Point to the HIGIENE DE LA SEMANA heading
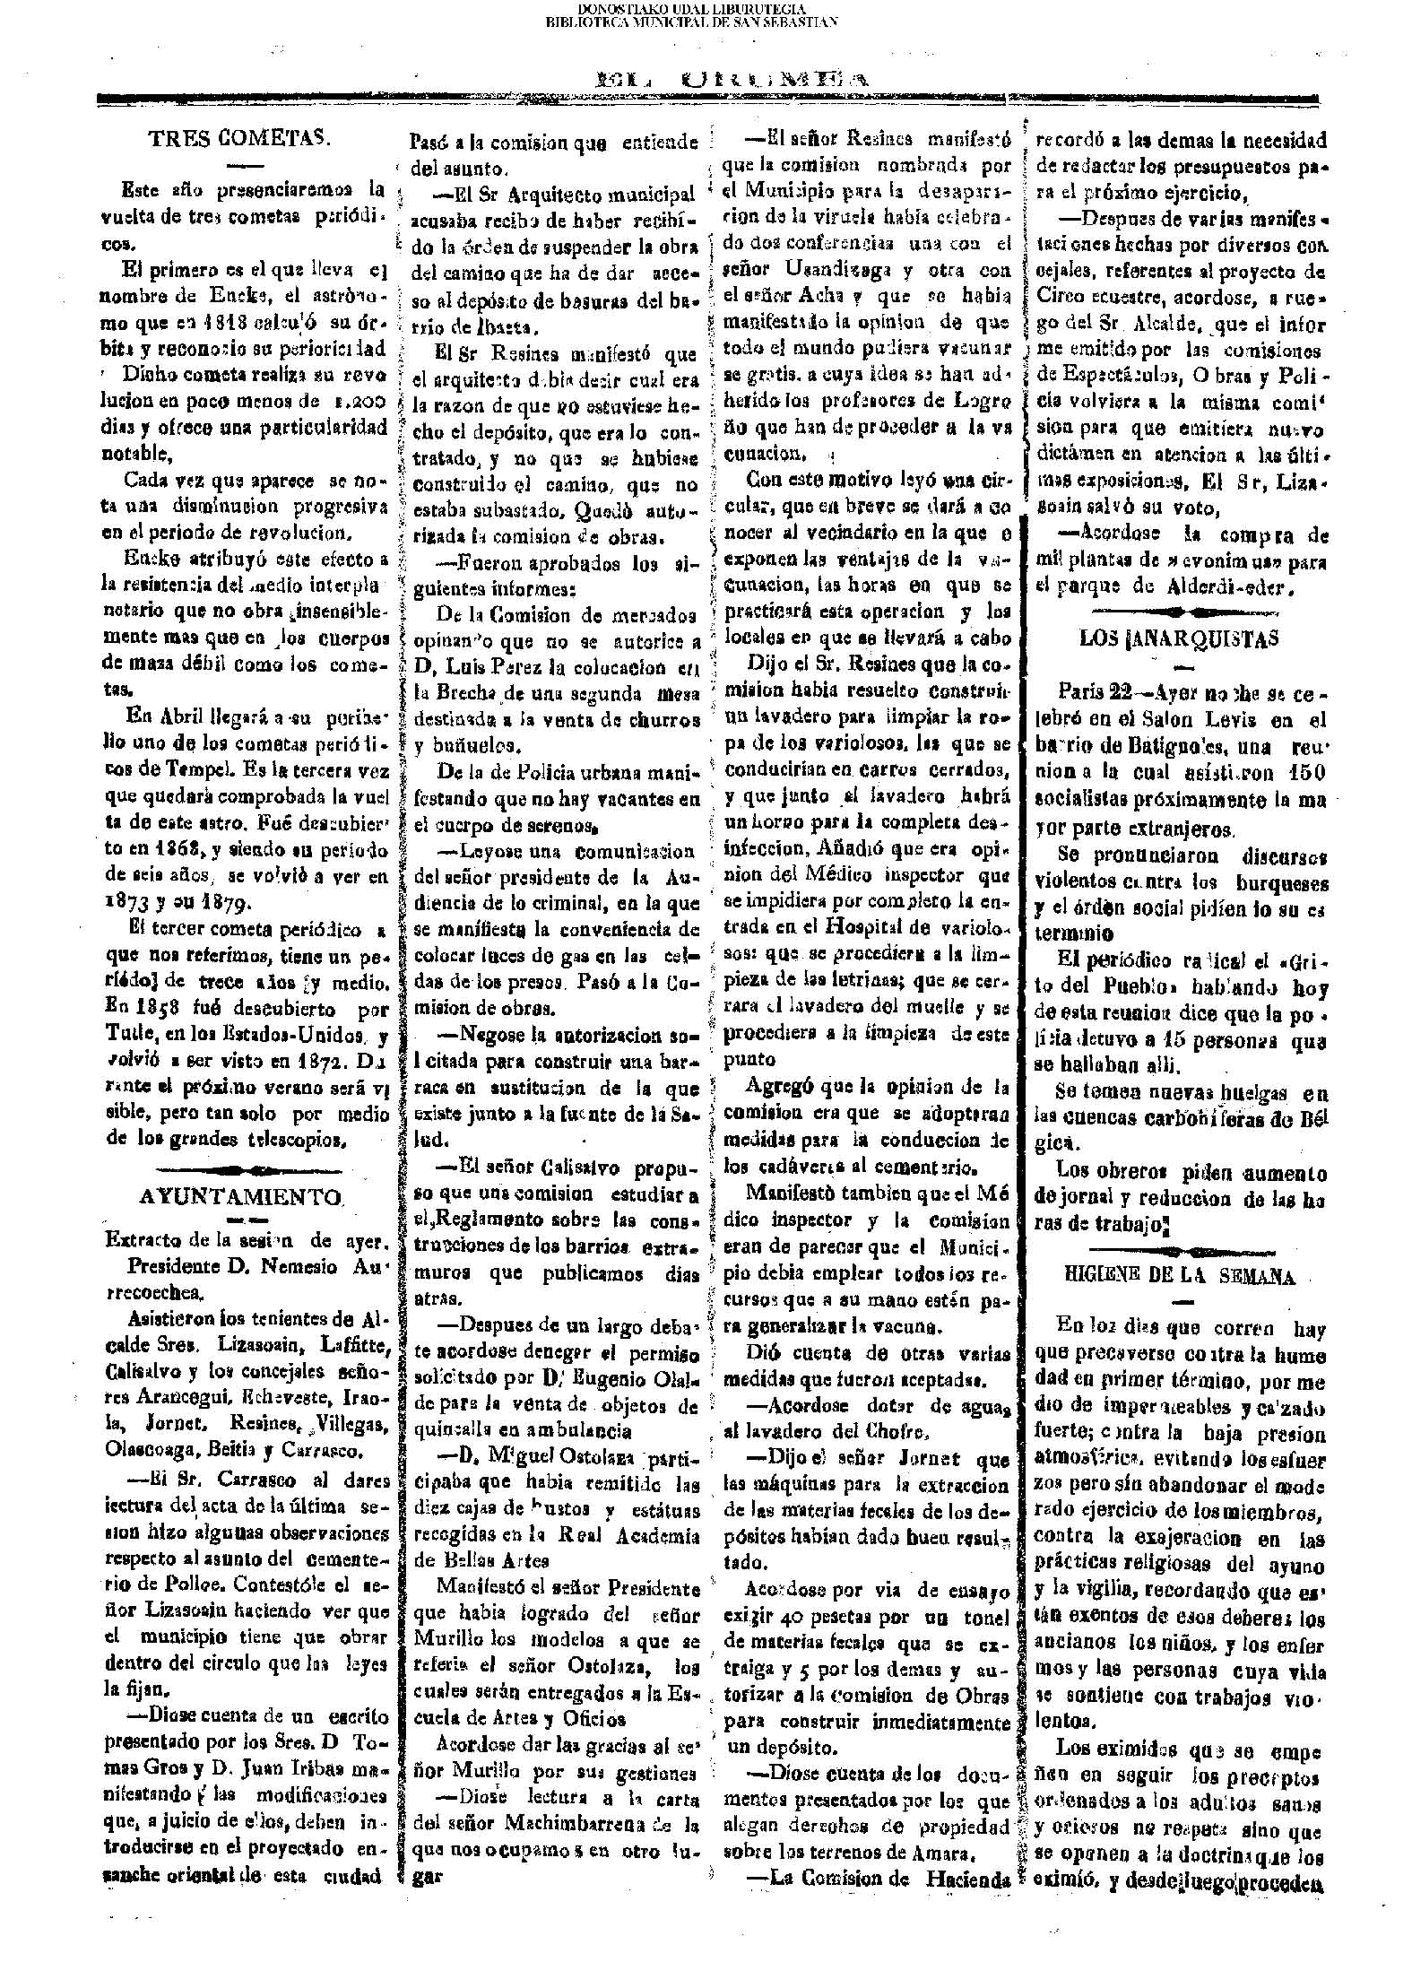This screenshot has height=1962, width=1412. (x=1180, y=1276)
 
